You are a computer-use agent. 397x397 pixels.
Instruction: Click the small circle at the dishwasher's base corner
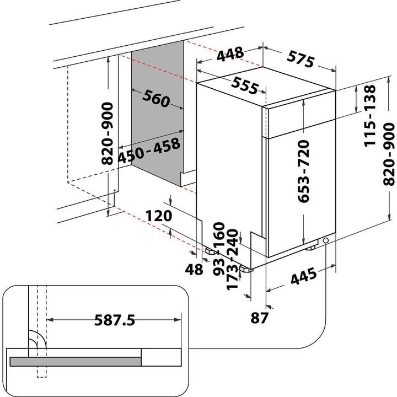(327, 241)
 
